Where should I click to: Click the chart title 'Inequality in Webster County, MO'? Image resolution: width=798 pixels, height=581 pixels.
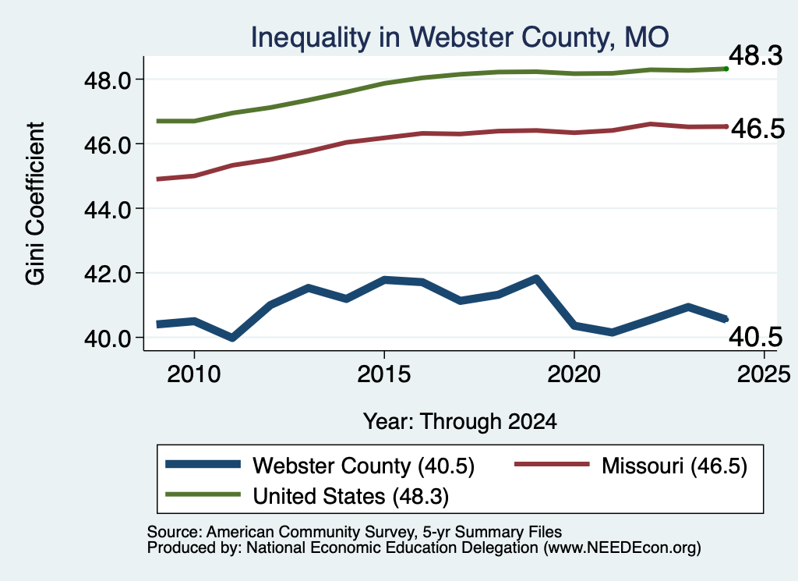460,37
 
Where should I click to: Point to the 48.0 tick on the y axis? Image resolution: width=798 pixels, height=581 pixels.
108,80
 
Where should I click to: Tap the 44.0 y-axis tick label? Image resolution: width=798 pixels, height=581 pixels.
108,209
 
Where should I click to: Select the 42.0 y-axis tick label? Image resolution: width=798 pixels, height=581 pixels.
108,274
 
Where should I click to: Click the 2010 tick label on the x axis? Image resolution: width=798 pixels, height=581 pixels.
194,374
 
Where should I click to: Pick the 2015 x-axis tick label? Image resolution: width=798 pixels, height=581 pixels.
383,374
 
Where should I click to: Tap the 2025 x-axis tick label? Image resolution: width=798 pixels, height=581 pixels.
764,374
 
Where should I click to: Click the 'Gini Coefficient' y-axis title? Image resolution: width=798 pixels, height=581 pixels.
35,204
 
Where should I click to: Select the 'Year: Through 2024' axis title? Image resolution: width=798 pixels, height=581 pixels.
460,422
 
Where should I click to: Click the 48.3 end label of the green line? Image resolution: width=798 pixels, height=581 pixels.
756,55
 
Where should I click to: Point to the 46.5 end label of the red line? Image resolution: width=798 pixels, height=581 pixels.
757,129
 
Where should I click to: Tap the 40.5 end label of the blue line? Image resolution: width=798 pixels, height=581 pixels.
756,337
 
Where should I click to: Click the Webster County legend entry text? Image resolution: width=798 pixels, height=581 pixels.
363,466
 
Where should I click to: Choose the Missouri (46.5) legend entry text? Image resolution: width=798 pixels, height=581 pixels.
674,466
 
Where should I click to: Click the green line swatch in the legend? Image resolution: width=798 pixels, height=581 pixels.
203,494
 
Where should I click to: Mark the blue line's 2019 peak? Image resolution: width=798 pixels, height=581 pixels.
536,278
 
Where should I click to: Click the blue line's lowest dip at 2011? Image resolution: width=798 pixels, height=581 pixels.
232,337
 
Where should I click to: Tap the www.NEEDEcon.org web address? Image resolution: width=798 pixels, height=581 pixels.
622,548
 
